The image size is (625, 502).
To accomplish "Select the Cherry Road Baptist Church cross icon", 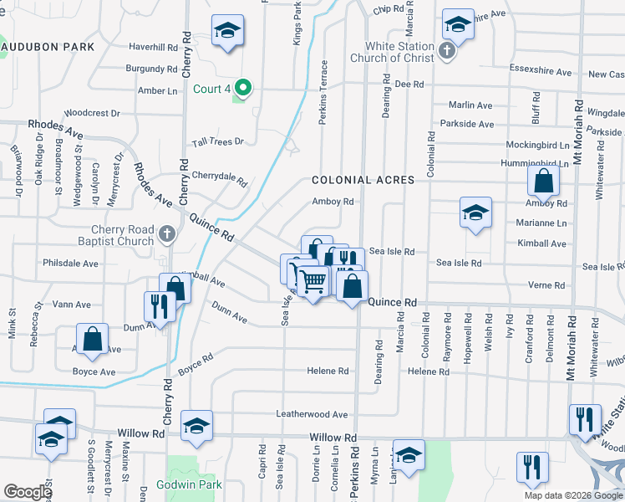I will click(x=167, y=234).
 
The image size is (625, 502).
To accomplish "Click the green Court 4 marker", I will click(x=243, y=86).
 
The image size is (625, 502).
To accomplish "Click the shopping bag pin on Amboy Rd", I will click(x=543, y=181).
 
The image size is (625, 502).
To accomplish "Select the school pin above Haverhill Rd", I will click(x=227, y=31).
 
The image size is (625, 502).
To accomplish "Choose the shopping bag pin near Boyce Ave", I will click(x=93, y=340).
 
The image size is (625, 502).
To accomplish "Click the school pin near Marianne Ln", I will click(x=475, y=213).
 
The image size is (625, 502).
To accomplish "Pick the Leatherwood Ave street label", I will click(x=312, y=414).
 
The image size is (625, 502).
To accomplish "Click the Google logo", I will click(x=28, y=492).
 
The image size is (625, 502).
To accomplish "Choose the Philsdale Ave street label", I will click(x=70, y=263).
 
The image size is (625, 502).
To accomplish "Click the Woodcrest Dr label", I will click(x=92, y=112).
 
